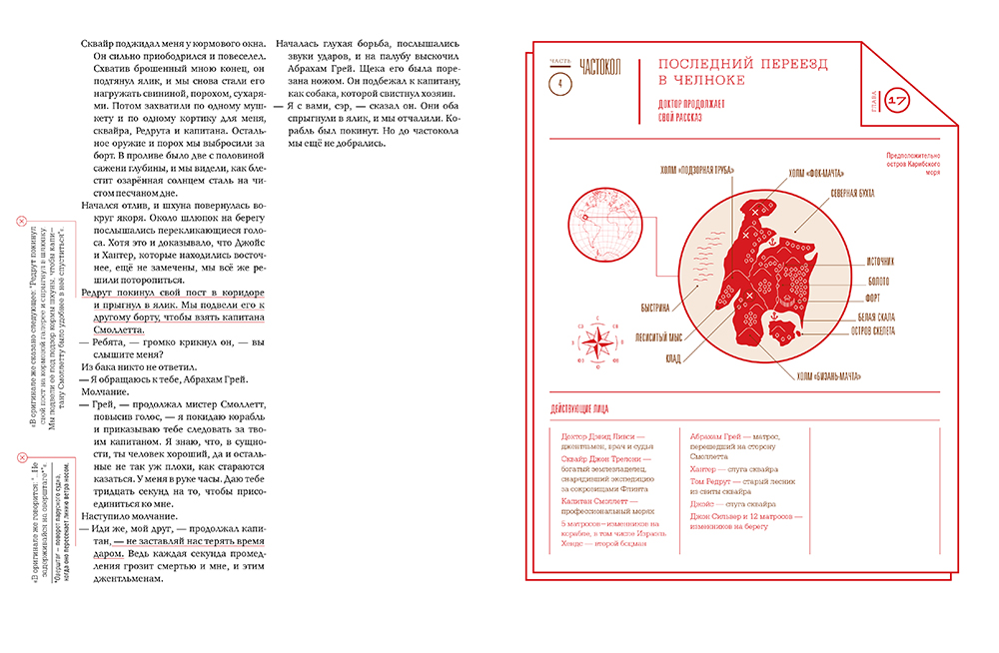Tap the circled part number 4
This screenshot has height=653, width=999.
click(560, 85)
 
